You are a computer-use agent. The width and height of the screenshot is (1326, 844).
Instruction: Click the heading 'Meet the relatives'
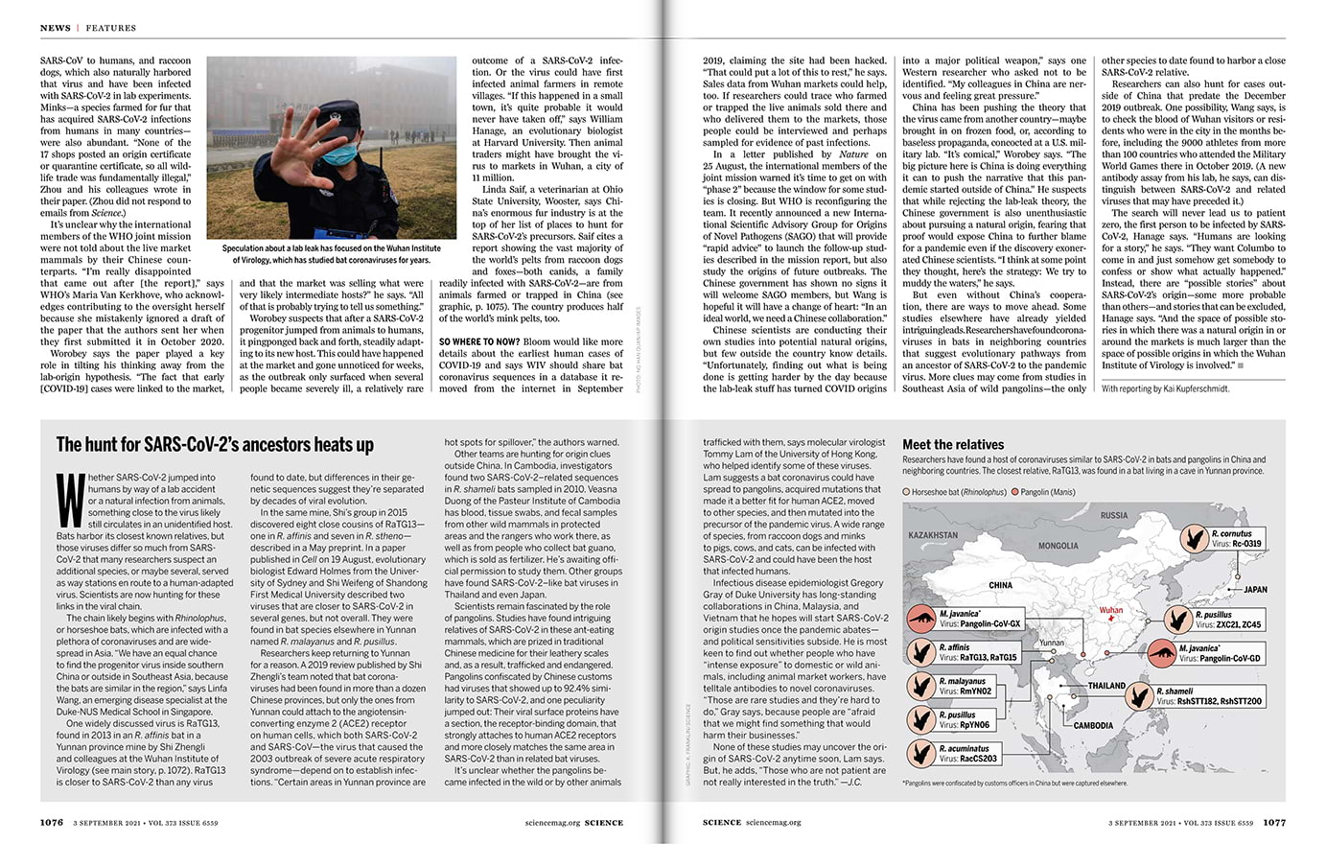click(x=953, y=445)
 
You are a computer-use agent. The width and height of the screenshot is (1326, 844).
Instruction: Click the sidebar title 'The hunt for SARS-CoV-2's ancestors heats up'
click(x=215, y=445)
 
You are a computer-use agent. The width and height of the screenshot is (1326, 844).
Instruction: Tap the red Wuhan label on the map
click(x=1110, y=610)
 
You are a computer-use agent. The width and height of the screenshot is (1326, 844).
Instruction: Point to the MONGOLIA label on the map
click(x=1058, y=546)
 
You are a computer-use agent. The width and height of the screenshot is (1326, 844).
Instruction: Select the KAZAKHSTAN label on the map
click(x=933, y=535)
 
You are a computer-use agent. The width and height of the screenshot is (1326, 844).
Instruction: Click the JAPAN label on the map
click(x=1255, y=590)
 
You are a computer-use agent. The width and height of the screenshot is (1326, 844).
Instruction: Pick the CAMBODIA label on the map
click(x=1093, y=725)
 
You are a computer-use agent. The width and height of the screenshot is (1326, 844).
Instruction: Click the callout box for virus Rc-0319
click(x=1235, y=538)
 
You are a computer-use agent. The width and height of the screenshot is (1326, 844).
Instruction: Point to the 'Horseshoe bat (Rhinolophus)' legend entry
click(x=955, y=492)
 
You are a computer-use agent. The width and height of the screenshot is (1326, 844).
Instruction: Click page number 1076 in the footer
click(x=52, y=822)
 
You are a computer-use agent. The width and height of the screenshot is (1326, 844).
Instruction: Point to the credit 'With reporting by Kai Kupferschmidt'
click(x=1165, y=388)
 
